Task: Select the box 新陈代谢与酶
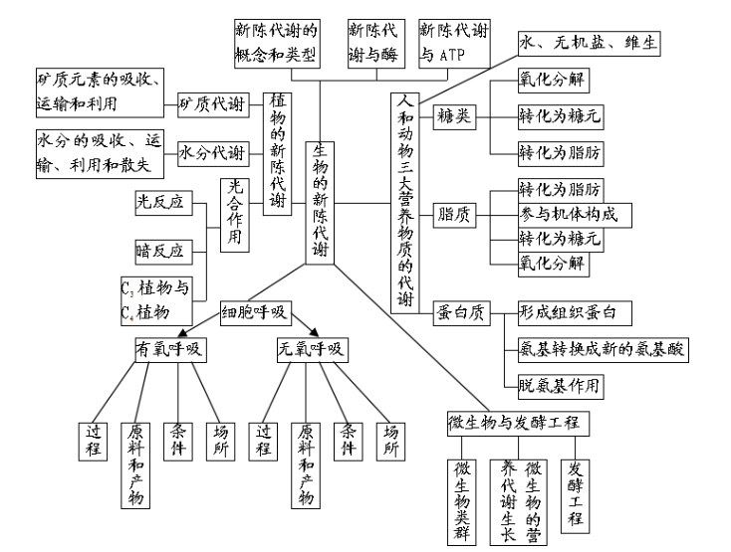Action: click(375, 42)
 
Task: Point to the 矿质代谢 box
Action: click(211, 102)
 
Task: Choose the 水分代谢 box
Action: click(211, 153)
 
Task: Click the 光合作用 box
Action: click(235, 215)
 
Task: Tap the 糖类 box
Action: click(452, 114)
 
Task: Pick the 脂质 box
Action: click(452, 214)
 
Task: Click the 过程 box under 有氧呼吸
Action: click(94, 440)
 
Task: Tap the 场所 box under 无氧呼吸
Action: click(391, 440)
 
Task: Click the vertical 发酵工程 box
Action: click(576, 491)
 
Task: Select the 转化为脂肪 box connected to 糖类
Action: click(560, 152)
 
